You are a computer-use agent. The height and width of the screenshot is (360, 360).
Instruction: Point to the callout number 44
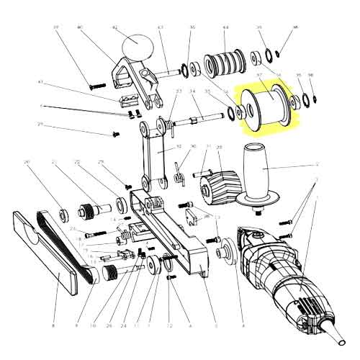pos(225,28)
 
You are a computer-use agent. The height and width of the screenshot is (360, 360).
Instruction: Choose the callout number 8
pos(53,325)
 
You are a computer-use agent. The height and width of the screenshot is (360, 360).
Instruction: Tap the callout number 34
pos(192,91)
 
